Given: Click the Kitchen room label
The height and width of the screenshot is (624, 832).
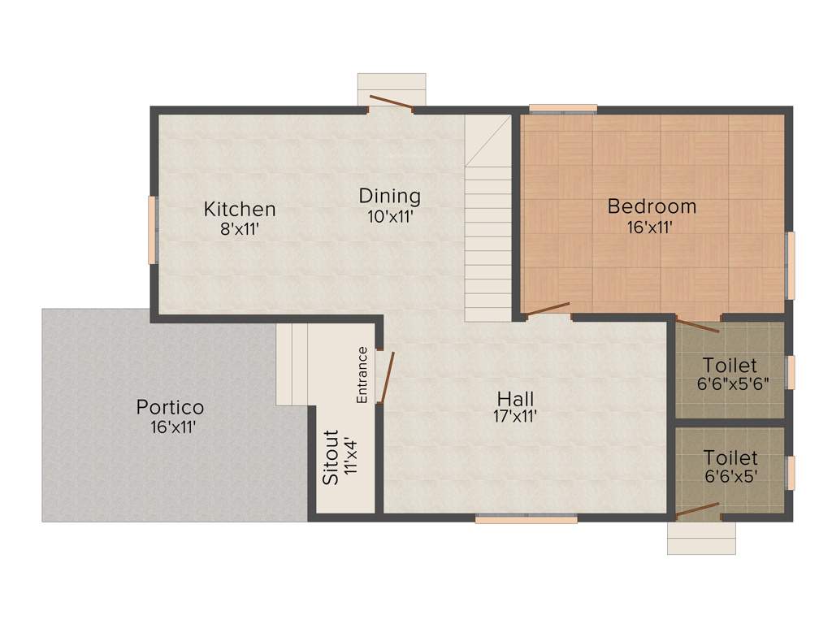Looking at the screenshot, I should tap(239, 209).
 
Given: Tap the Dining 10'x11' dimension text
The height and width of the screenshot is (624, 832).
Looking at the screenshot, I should tap(390, 217).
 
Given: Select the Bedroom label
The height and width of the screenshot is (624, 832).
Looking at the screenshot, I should tap(652, 206).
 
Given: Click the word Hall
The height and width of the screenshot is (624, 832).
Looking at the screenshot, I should tap(516, 399).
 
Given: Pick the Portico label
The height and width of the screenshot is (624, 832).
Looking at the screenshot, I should tap(170, 406).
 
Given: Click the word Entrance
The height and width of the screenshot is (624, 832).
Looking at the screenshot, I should tap(362, 375).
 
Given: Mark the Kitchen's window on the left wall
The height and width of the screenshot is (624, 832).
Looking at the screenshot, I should tap(151, 229).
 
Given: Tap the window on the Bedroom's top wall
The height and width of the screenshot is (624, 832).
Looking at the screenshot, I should tap(563, 108).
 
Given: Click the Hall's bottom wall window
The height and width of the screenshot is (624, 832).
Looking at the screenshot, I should tap(526, 518).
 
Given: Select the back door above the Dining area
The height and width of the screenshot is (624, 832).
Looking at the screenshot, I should tap(391, 103).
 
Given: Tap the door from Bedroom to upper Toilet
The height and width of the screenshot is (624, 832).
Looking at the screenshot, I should tap(697, 327).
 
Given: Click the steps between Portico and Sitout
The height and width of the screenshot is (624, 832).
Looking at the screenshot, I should tap(293, 364).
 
